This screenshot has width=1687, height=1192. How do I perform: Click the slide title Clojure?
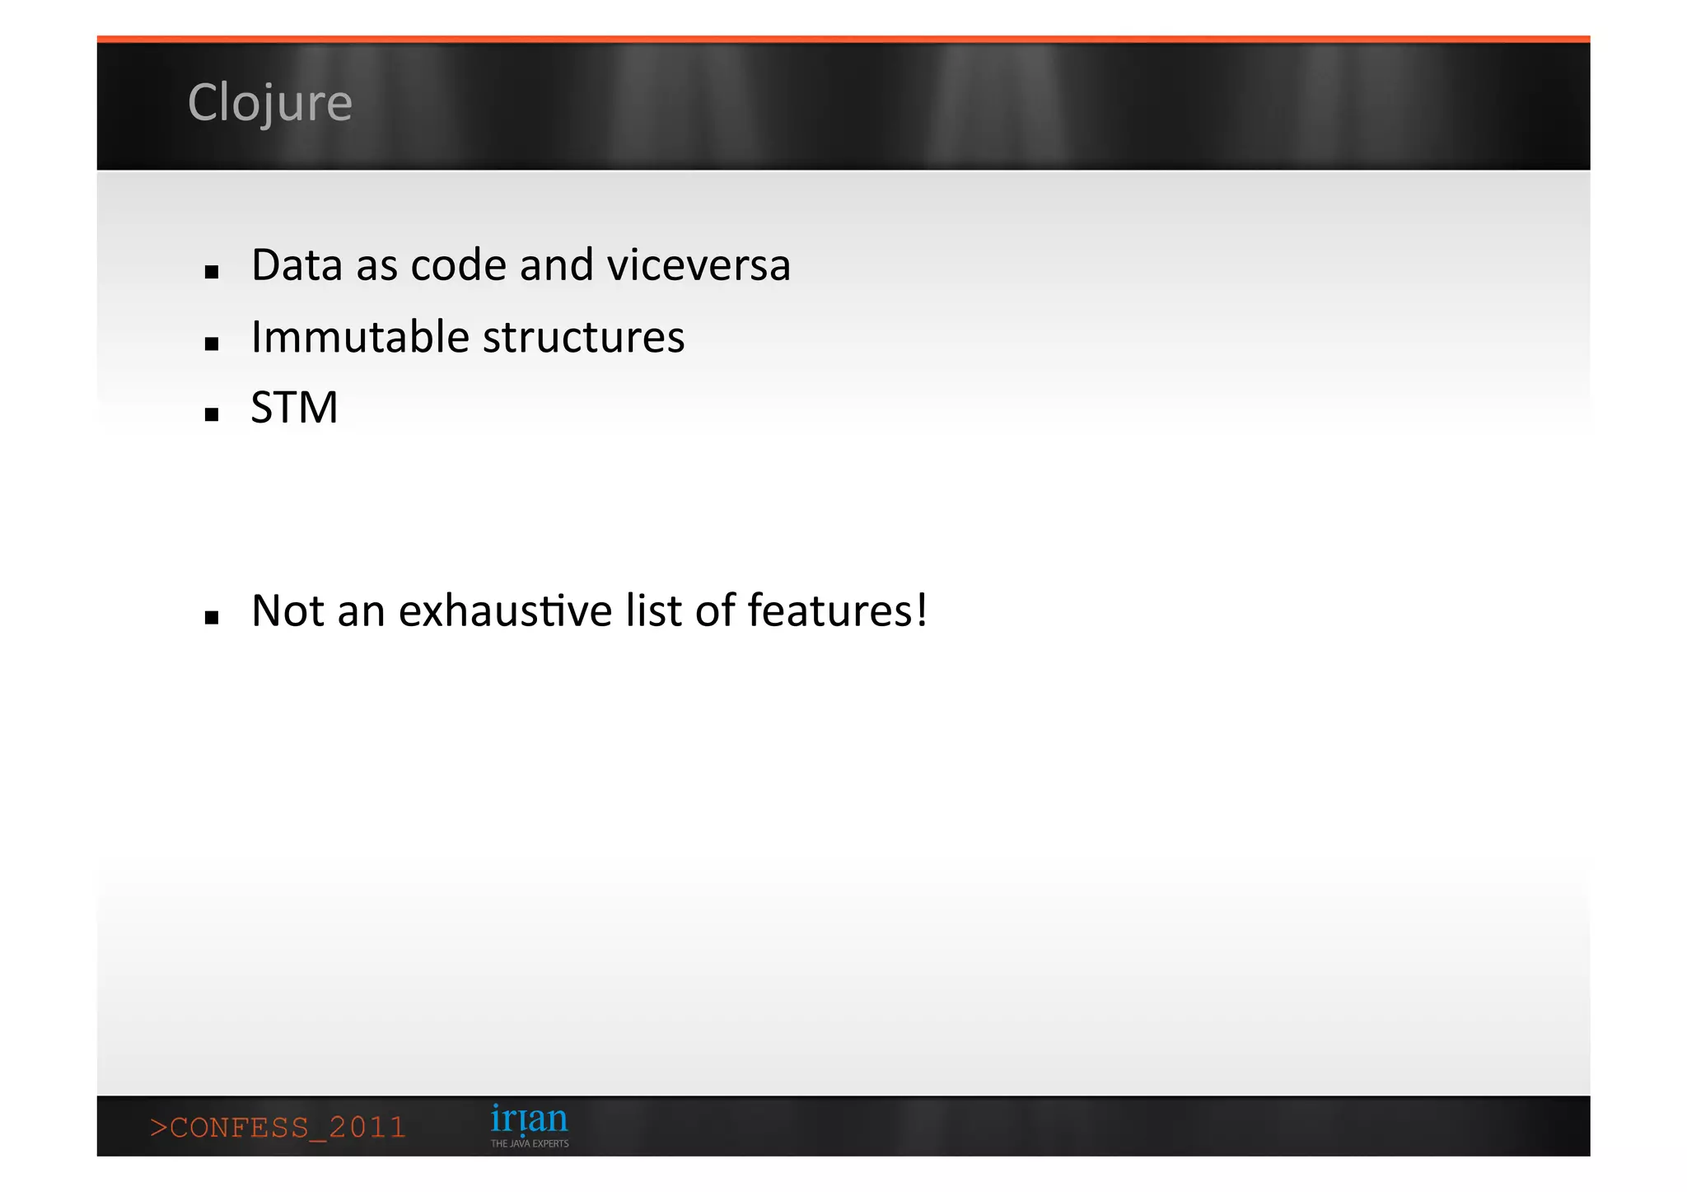[x=269, y=103]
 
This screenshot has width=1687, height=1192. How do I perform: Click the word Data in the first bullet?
[x=297, y=265]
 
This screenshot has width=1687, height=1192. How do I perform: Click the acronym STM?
[x=294, y=408]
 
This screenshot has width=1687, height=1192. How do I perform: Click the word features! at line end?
[x=837, y=611]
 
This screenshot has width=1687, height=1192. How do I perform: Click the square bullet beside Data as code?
[x=212, y=272]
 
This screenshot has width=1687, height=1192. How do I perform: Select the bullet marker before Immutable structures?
[x=212, y=344]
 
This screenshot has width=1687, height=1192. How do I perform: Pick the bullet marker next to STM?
[x=212, y=414]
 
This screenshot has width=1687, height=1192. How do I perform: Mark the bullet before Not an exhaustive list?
[x=212, y=617]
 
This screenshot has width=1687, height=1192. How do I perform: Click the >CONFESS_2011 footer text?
[x=278, y=1127]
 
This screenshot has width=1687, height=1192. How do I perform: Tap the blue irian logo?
[x=529, y=1120]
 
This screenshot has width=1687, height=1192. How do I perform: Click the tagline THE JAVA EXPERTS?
[x=530, y=1143]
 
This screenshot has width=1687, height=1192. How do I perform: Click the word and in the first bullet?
[x=556, y=265]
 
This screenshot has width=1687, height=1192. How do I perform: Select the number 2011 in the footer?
[x=367, y=1127]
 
